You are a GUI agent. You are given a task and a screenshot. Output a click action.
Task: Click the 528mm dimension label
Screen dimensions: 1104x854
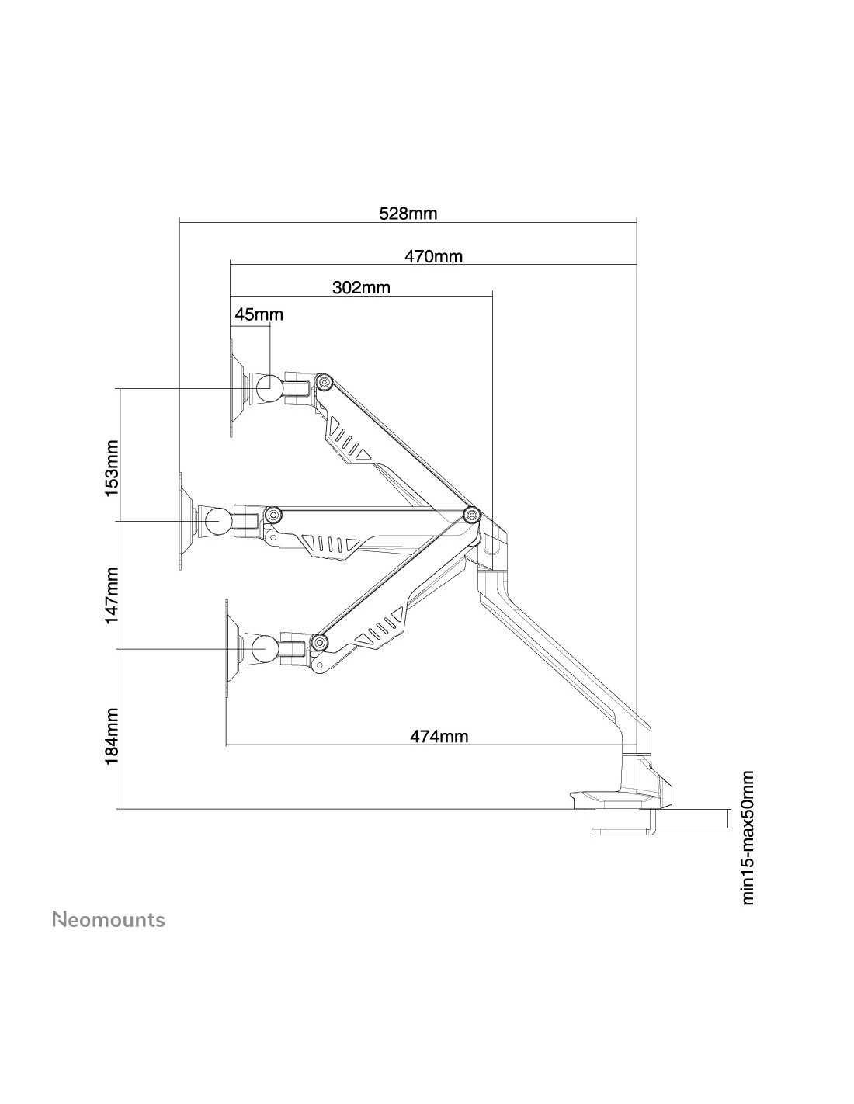point(408,214)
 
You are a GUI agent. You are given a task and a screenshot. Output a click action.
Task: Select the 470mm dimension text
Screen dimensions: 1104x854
point(432,256)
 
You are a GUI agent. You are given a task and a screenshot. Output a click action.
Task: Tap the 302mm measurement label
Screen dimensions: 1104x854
point(361,288)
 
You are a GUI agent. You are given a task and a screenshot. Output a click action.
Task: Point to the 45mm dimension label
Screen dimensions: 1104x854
point(259,314)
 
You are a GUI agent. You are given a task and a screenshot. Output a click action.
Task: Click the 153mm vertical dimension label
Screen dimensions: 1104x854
point(113,468)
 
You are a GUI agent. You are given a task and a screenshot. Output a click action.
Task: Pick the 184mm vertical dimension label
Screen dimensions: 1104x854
point(113,735)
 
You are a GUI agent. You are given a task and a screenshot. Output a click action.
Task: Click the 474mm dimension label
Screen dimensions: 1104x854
point(439,736)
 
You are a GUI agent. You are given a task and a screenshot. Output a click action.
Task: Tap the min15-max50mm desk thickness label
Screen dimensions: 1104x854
point(748,837)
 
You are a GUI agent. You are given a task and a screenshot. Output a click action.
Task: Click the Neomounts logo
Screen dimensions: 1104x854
point(109,920)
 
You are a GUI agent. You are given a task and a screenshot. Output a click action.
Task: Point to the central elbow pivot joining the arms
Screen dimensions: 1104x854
point(471,514)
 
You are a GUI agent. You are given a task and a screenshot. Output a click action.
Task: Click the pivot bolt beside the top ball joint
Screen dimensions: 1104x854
point(325,380)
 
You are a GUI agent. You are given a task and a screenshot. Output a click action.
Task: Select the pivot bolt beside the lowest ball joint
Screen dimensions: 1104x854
point(319,641)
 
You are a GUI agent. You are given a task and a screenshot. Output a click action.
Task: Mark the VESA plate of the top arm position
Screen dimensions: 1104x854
point(233,387)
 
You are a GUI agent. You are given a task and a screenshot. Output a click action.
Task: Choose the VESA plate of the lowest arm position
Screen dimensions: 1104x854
point(228,647)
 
